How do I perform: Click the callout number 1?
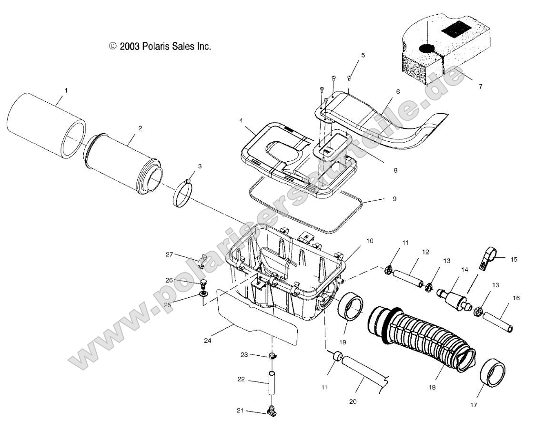[66, 90]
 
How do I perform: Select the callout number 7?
[480, 87]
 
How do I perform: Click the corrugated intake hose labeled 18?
[419, 338]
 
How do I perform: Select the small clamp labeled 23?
[273, 356]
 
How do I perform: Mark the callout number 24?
[207, 341]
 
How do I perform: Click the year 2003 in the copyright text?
[130, 47]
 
